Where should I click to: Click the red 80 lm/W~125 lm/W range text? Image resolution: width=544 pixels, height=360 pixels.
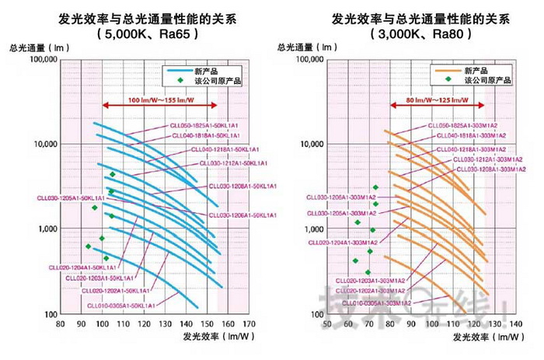click(429, 102)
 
